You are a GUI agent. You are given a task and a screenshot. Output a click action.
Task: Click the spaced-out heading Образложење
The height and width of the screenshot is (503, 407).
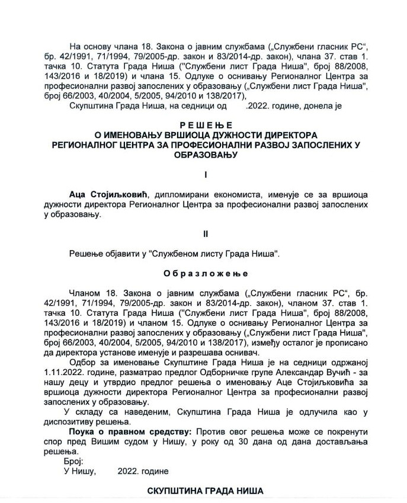(203, 274)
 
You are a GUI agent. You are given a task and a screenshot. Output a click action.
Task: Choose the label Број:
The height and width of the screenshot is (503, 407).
(73, 460)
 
